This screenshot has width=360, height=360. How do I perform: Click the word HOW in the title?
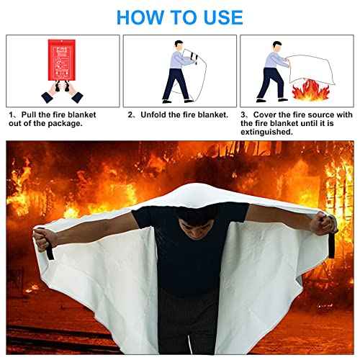click(139, 17)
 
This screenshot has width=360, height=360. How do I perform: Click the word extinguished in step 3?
click(267, 132)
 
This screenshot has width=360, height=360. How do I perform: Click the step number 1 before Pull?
click(12, 114)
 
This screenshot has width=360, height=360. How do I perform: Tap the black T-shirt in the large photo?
click(180, 245)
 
